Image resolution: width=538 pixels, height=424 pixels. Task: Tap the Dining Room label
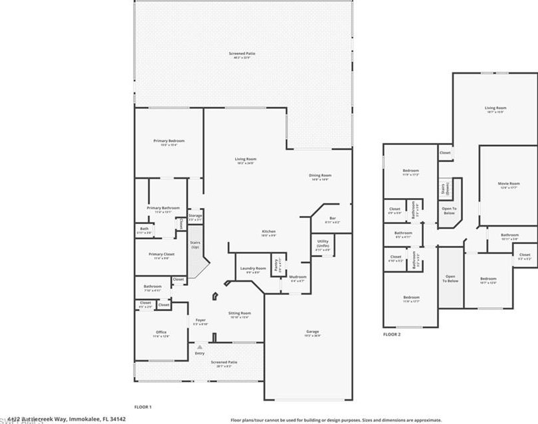point(319,176)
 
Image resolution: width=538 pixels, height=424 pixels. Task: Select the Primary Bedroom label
point(169,141)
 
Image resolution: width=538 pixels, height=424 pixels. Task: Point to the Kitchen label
point(268,232)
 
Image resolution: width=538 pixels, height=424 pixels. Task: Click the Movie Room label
point(509,183)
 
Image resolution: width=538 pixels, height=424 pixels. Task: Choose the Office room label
point(161,332)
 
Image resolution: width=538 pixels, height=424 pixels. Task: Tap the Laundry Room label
point(252,268)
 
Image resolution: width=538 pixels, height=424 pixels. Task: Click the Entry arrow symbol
point(199,347)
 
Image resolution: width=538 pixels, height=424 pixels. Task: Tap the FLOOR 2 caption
point(392,334)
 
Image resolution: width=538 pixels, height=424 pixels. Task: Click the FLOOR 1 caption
point(143,406)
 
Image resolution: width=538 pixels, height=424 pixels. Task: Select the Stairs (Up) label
point(195,245)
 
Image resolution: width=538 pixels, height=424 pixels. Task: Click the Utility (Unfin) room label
point(323,243)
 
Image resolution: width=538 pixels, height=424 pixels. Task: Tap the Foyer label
point(199,321)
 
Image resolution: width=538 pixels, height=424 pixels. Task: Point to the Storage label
point(195,216)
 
